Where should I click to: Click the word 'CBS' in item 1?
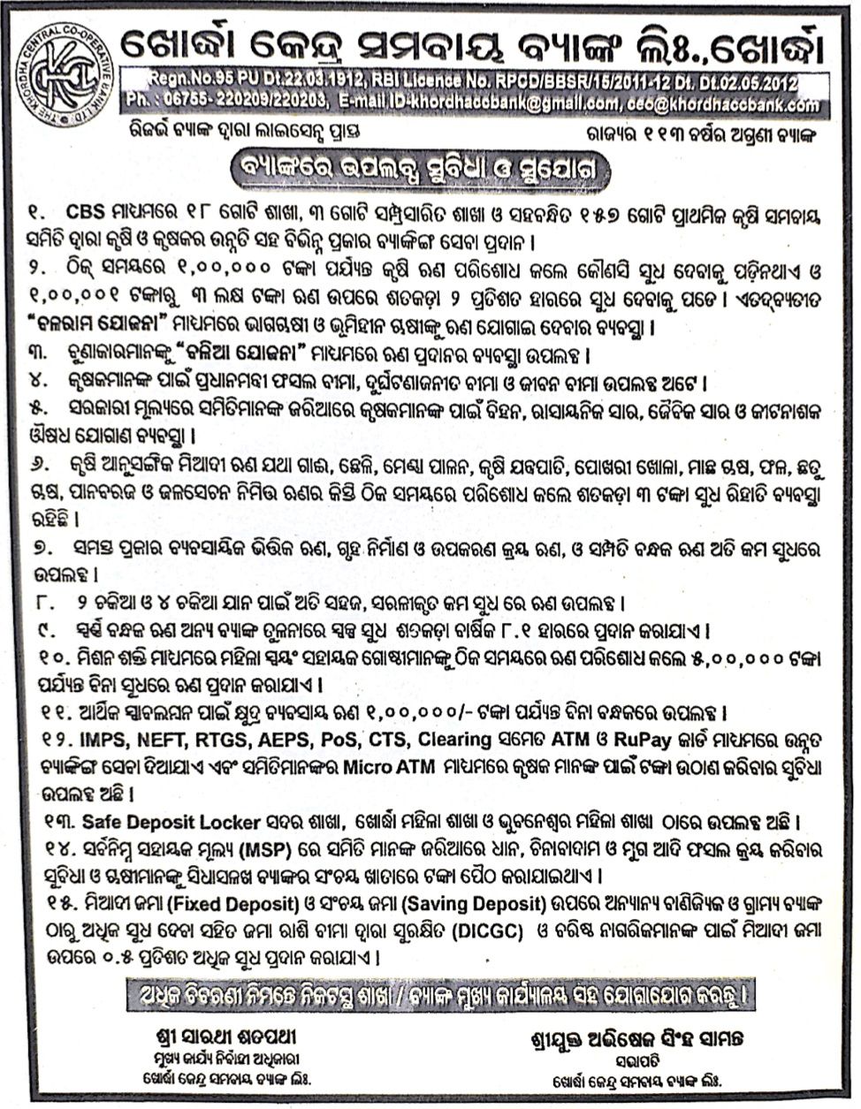pos(85,214)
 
